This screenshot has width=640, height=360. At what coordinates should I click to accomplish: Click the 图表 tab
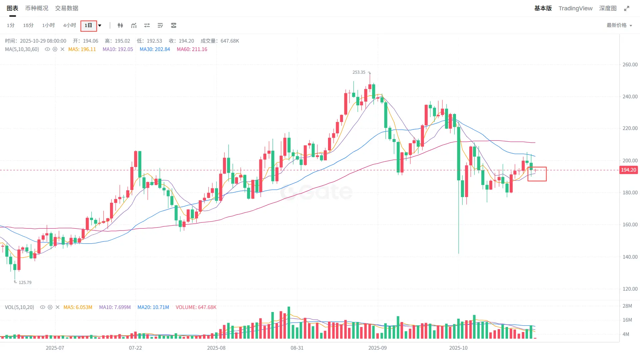click(x=12, y=8)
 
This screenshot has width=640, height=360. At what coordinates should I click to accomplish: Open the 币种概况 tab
click(x=37, y=8)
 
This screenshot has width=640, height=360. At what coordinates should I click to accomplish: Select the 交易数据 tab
click(x=67, y=8)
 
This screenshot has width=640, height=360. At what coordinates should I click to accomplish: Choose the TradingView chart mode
click(x=575, y=8)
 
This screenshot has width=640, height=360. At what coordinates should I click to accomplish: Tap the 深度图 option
click(x=608, y=8)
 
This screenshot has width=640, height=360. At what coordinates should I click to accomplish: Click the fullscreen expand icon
click(x=627, y=8)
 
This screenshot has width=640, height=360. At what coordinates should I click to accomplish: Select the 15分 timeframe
click(x=28, y=25)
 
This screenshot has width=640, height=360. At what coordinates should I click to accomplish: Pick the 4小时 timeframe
click(x=69, y=25)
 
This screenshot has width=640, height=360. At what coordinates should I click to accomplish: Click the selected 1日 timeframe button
click(x=88, y=25)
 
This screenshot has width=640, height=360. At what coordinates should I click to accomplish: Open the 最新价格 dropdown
click(x=619, y=25)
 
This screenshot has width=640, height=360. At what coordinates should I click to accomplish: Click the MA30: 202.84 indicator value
click(x=155, y=49)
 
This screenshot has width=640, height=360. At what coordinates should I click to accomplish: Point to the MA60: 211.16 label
click(x=192, y=49)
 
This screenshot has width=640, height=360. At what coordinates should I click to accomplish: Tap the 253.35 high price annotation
click(x=359, y=72)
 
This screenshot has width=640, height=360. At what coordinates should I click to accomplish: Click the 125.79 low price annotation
click(x=25, y=283)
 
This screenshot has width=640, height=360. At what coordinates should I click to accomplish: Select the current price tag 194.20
click(x=628, y=170)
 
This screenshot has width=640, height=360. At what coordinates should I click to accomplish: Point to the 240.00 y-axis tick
click(x=630, y=97)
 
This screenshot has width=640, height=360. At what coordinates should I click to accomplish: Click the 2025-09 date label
click(x=377, y=348)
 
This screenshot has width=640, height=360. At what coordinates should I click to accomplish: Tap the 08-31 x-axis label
click(x=297, y=348)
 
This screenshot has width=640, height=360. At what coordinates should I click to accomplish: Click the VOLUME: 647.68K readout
click(x=196, y=307)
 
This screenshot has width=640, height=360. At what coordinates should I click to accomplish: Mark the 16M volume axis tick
click(x=627, y=320)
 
